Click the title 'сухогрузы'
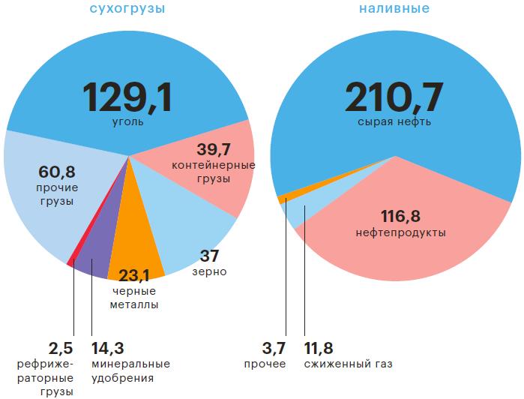tap(127, 9)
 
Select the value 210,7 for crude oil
tap(394, 97)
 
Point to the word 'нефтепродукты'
tap(400, 233)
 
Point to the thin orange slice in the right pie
tap(283, 199)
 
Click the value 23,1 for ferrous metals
tap(135, 275)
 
